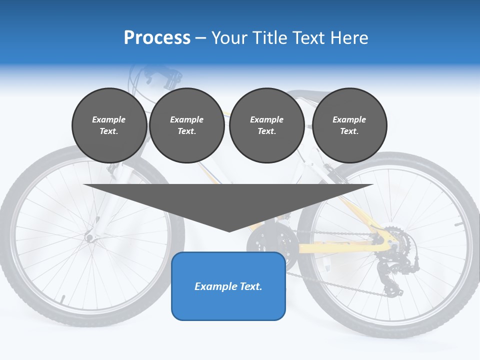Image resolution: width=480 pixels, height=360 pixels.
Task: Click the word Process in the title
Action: pos(157,38)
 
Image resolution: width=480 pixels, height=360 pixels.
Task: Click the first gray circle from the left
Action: pos(109,125)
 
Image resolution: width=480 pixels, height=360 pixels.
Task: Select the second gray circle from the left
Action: pos(186,125)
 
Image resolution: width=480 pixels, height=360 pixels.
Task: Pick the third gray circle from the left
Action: pos(266,125)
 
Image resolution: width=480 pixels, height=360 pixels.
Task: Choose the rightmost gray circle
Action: pos(349,125)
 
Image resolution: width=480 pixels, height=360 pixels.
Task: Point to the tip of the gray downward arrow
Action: pos(229,231)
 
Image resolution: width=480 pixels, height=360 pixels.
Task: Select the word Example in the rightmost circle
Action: pos(349,119)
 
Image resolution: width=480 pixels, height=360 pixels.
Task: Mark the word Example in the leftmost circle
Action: pos(109,119)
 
